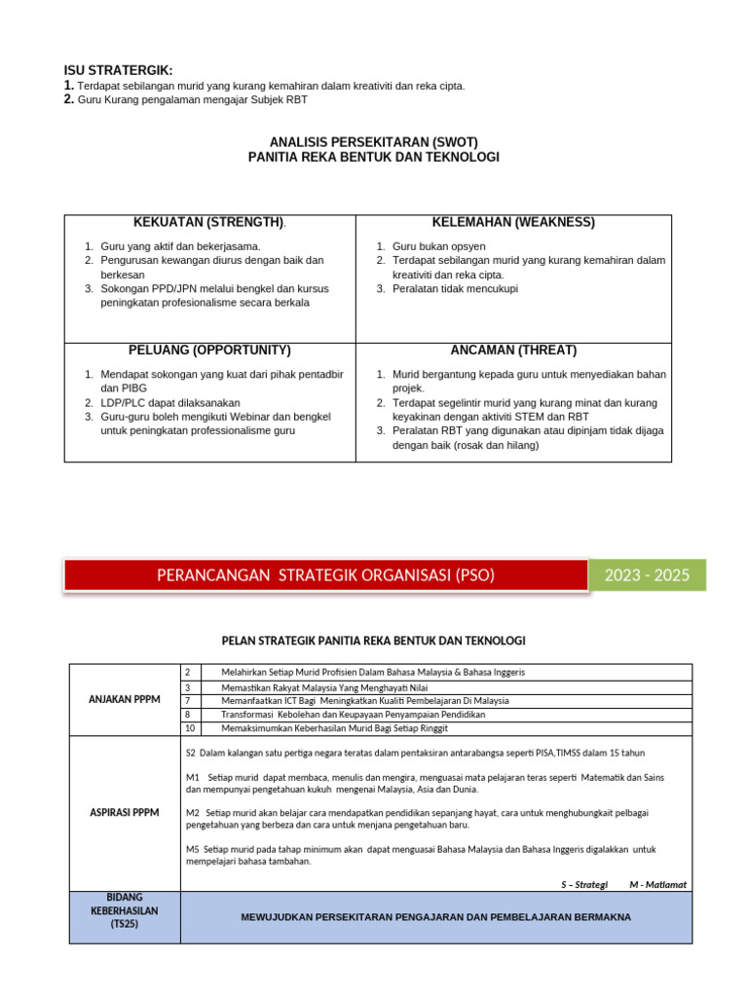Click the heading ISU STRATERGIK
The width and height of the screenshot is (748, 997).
pyautogui.click(x=118, y=70)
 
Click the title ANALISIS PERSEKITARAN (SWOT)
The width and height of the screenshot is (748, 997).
pyautogui.click(x=373, y=141)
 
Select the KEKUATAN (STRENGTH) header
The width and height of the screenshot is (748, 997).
pyautogui.click(x=209, y=223)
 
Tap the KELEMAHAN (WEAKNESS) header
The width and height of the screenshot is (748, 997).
pyautogui.click(x=513, y=222)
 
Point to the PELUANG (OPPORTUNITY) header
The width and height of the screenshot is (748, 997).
pyautogui.click(x=209, y=351)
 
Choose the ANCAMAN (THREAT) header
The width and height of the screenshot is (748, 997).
pyautogui.click(x=513, y=351)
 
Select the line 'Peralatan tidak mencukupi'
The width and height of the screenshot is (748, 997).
pyautogui.click(x=455, y=289)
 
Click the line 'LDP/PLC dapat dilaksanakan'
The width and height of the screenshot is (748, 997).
pyautogui.click(x=169, y=402)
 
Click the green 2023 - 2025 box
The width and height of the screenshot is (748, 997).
pyautogui.click(x=647, y=575)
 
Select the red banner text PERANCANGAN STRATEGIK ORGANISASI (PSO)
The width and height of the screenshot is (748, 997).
pyautogui.click(x=325, y=575)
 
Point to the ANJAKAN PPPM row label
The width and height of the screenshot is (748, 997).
pyautogui.click(x=125, y=699)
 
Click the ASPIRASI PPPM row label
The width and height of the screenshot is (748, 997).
pyautogui.click(x=125, y=811)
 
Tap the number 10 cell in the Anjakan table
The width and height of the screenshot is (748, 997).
pyautogui.click(x=191, y=728)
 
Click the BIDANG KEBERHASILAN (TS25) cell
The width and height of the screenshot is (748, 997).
pyautogui.click(x=125, y=916)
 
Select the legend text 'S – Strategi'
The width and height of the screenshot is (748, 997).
pyautogui.click(x=584, y=884)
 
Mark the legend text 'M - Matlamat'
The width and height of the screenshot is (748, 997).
pyautogui.click(x=657, y=884)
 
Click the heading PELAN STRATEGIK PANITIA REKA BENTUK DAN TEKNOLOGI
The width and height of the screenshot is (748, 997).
pyautogui.click(x=373, y=640)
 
